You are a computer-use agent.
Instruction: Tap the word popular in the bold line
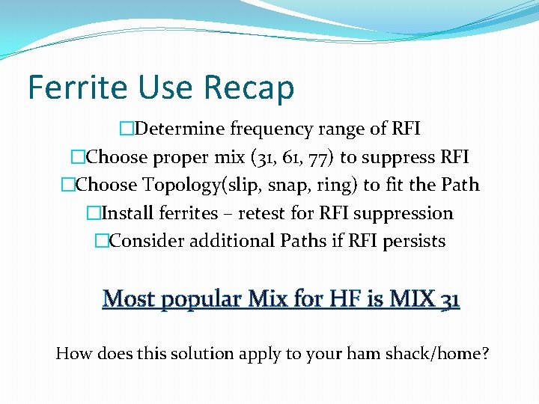192,300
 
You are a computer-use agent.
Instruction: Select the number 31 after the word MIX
450,299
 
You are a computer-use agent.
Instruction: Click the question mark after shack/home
485,353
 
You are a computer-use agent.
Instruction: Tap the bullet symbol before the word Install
93,214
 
